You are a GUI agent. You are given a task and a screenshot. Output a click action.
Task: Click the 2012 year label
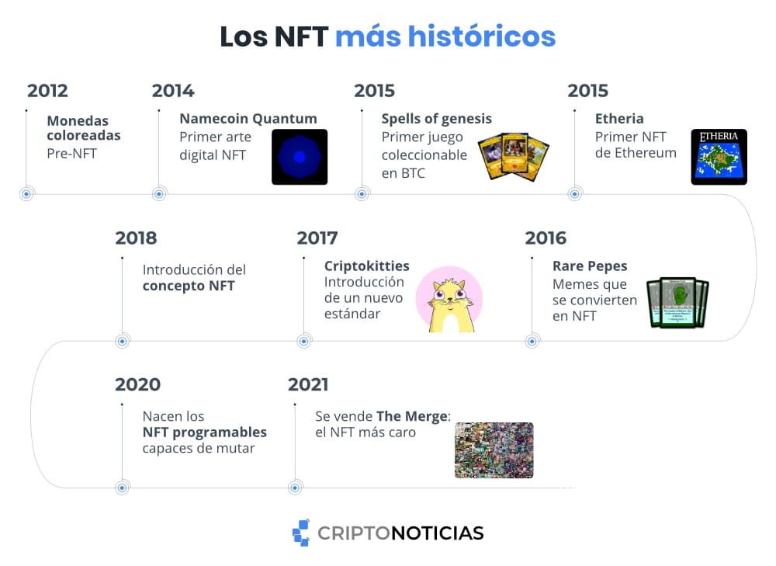click(47, 91)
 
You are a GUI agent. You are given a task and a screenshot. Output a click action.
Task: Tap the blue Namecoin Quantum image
click(300, 157)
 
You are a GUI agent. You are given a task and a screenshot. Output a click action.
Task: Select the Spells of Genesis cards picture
click(513, 157)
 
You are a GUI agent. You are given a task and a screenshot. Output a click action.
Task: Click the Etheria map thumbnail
click(719, 157)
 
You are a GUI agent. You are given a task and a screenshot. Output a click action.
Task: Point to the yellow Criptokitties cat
click(449, 299)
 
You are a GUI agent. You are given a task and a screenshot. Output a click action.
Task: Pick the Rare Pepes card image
click(677, 302)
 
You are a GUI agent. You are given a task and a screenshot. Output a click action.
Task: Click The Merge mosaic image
click(494, 450)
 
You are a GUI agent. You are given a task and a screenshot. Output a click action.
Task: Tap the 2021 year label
click(308, 384)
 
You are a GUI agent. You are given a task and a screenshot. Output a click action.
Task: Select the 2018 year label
click(136, 238)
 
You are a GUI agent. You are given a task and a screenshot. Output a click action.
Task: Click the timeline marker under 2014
click(159, 194)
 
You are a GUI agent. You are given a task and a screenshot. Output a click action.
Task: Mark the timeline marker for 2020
click(123, 488)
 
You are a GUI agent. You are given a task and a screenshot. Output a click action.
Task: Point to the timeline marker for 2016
click(532, 341)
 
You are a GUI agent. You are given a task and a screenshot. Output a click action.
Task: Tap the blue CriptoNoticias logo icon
click(301, 533)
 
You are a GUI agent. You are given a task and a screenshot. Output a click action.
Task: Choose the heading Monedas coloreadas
click(84, 128)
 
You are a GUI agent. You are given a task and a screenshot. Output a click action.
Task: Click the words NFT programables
click(204, 432)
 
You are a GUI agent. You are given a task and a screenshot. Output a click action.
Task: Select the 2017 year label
click(317, 238)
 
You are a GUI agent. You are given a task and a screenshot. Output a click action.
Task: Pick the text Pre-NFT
click(71, 154)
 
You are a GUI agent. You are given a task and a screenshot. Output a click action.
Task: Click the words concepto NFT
click(189, 286)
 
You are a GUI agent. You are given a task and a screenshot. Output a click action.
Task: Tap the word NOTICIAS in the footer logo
click(438, 533)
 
